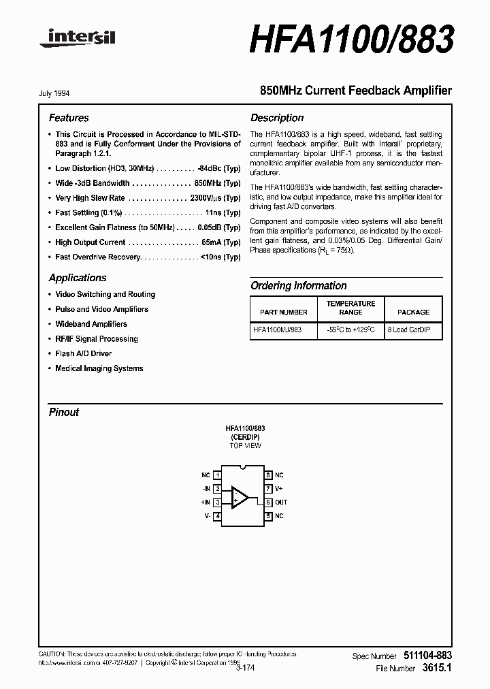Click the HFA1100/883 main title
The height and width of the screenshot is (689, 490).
tap(352, 40)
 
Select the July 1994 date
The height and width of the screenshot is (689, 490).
tap(59, 93)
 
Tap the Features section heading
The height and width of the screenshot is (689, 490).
tap(69, 118)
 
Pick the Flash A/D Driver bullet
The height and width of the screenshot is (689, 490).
tap(84, 353)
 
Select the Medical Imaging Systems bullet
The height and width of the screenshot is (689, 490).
tap(99, 368)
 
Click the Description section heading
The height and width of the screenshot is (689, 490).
tap(277, 118)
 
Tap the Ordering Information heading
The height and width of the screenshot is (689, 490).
tap(299, 286)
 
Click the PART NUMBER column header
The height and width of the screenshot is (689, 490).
tap(284, 312)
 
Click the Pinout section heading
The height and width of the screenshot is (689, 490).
tap(64, 412)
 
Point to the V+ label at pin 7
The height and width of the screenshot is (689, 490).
tap(279, 489)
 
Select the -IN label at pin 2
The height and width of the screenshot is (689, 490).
tap(205, 489)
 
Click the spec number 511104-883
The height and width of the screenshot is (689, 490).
tap(424, 655)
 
